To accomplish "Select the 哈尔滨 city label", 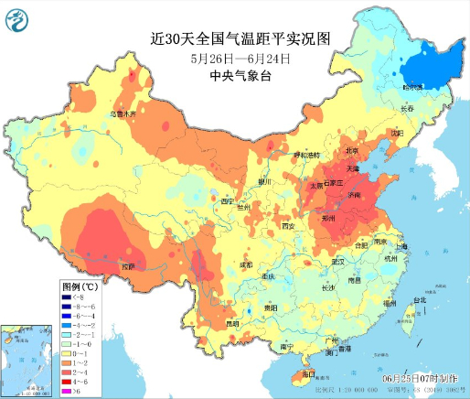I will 414,87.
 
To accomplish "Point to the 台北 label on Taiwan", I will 418,301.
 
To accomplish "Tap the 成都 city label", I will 245,264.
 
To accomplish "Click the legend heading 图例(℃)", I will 78,286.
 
